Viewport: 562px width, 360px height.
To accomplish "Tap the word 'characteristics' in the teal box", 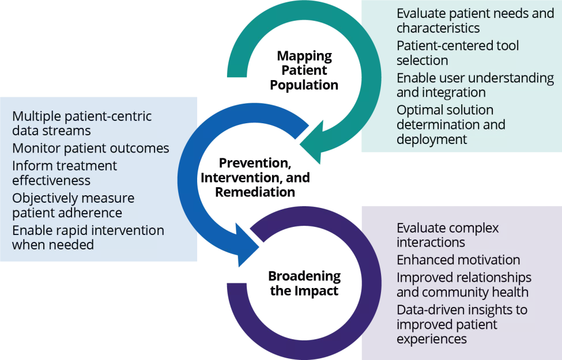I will coord(439,27).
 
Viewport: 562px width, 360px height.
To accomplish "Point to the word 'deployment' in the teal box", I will coord(432,139).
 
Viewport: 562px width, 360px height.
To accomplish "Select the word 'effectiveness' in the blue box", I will coord(51,181).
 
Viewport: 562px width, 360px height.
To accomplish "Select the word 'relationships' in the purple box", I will coord(495,278).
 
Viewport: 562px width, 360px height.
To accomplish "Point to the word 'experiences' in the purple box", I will coord(432,339).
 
